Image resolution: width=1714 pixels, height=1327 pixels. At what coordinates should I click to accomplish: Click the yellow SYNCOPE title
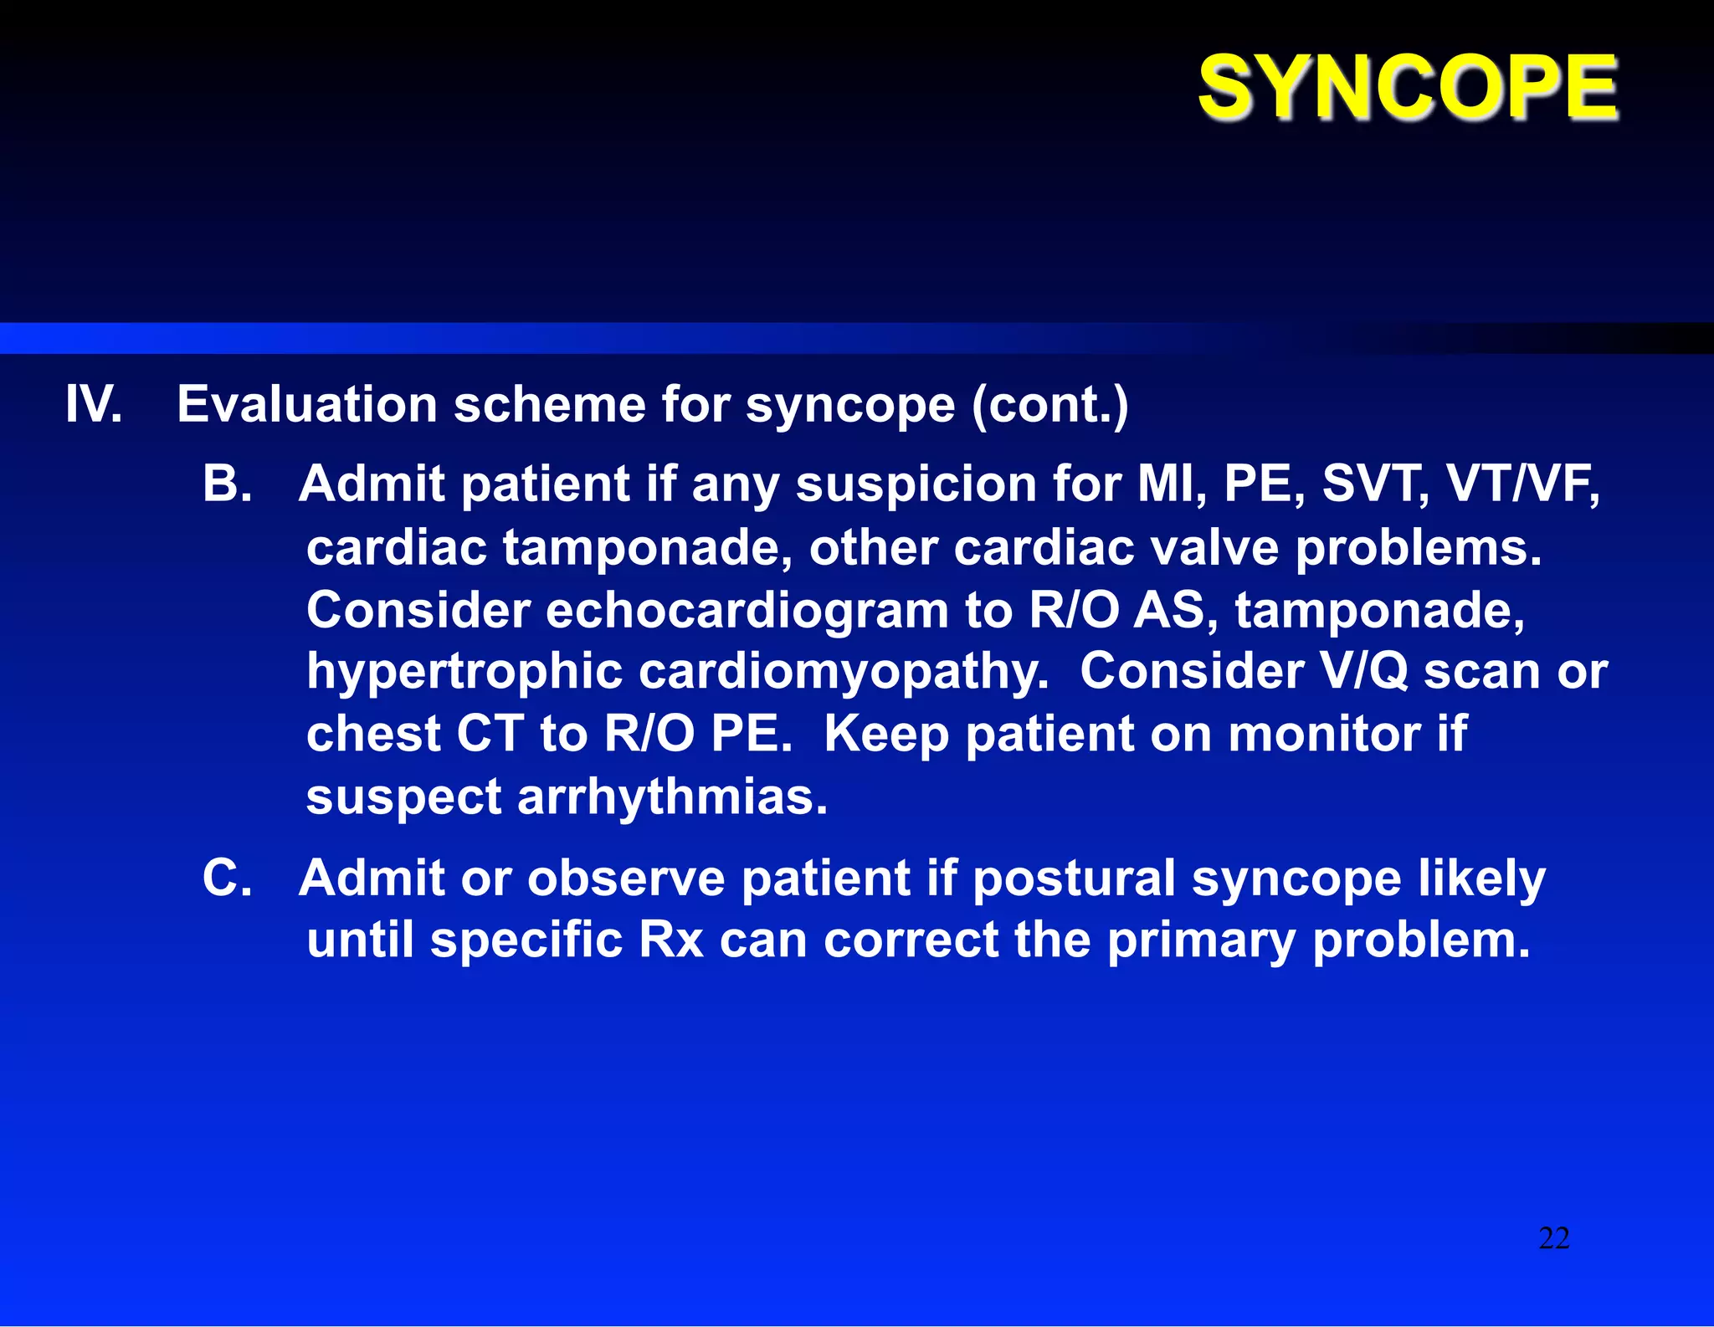[x=1408, y=86]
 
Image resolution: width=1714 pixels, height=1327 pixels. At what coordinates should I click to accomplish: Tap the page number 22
[x=1553, y=1238]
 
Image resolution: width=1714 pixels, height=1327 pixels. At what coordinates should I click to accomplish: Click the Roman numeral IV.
[x=94, y=404]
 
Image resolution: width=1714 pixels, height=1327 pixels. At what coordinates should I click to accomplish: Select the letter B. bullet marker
[x=227, y=484]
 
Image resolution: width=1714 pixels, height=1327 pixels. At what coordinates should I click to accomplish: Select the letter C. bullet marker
[x=227, y=879]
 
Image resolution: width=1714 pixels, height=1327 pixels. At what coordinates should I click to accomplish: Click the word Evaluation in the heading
[x=306, y=404]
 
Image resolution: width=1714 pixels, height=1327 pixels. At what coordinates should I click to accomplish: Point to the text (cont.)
[x=1049, y=404]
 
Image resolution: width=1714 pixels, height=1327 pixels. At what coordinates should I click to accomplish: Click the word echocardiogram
[x=747, y=609]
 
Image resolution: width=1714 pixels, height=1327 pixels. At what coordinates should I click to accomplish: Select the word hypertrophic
[x=464, y=672]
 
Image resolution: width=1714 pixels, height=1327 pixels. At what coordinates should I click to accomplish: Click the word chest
[x=372, y=734]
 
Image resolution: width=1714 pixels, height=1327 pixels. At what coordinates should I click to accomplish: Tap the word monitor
[x=1324, y=734]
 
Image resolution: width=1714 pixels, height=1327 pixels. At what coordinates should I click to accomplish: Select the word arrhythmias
[x=672, y=797]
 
